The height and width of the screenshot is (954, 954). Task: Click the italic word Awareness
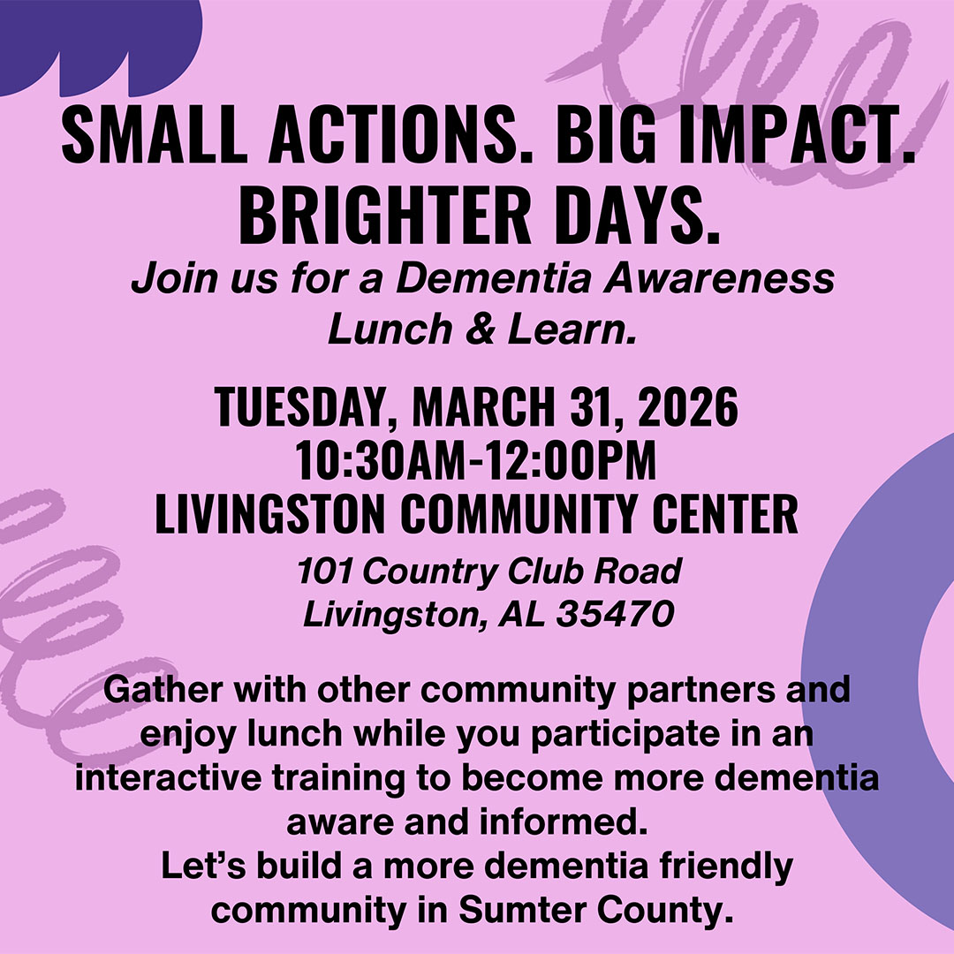click(718, 278)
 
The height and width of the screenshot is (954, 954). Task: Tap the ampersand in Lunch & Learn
click(480, 329)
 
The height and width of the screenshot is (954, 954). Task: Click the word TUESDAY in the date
click(296, 406)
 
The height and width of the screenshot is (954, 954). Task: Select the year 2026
click(688, 406)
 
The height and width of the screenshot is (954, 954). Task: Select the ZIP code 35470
click(615, 614)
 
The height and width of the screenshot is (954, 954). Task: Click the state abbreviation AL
click(521, 614)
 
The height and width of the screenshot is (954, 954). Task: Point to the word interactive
click(168, 778)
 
